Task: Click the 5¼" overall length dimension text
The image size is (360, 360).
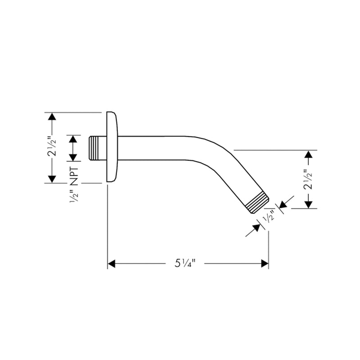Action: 187,263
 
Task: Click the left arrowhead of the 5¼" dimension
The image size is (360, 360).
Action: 112,263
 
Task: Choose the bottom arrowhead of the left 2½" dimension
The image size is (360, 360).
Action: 52,179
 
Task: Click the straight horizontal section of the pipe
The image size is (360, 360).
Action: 153,148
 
